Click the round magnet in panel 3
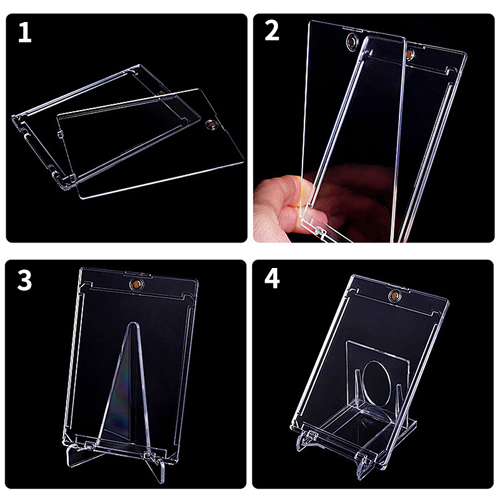click(x=135, y=284)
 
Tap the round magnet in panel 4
click(x=393, y=296)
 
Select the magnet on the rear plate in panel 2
click(x=410, y=52)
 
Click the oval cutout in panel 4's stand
click(x=378, y=385)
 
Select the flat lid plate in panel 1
click(x=150, y=145)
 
